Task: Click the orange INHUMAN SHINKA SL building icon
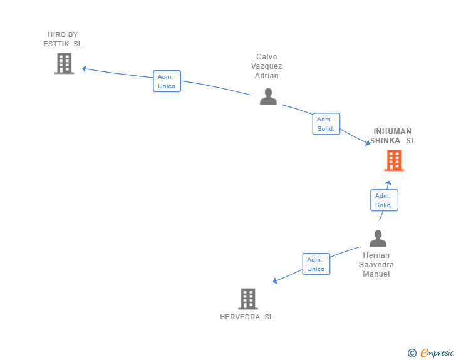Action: (x=394, y=160)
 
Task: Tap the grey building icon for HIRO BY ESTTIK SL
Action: (x=65, y=63)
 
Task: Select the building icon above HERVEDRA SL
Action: (x=248, y=299)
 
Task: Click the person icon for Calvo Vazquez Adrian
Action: (x=268, y=96)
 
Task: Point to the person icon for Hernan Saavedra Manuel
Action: (x=378, y=238)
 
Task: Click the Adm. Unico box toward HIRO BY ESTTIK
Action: (x=167, y=81)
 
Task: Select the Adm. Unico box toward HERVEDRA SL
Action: (x=316, y=264)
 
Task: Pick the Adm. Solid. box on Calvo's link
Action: (x=326, y=124)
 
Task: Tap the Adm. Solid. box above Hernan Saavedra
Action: (x=384, y=200)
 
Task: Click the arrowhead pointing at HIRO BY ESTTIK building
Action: (x=84, y=69)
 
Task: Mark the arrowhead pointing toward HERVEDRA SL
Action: (x=275, y=281)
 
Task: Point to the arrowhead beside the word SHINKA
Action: (x=368, y=142)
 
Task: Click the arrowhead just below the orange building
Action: (x=388, y=183)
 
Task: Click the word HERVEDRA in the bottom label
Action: (x=240, y=317)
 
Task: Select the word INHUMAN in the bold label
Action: (x=392, y=131)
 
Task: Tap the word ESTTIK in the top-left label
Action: (x=56, y=44)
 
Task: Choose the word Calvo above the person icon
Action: (x=266, y=57)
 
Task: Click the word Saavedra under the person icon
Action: (x=376, y=265)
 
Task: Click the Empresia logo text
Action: (x=437, y=352)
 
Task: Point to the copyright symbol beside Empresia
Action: (x=412, y=353)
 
